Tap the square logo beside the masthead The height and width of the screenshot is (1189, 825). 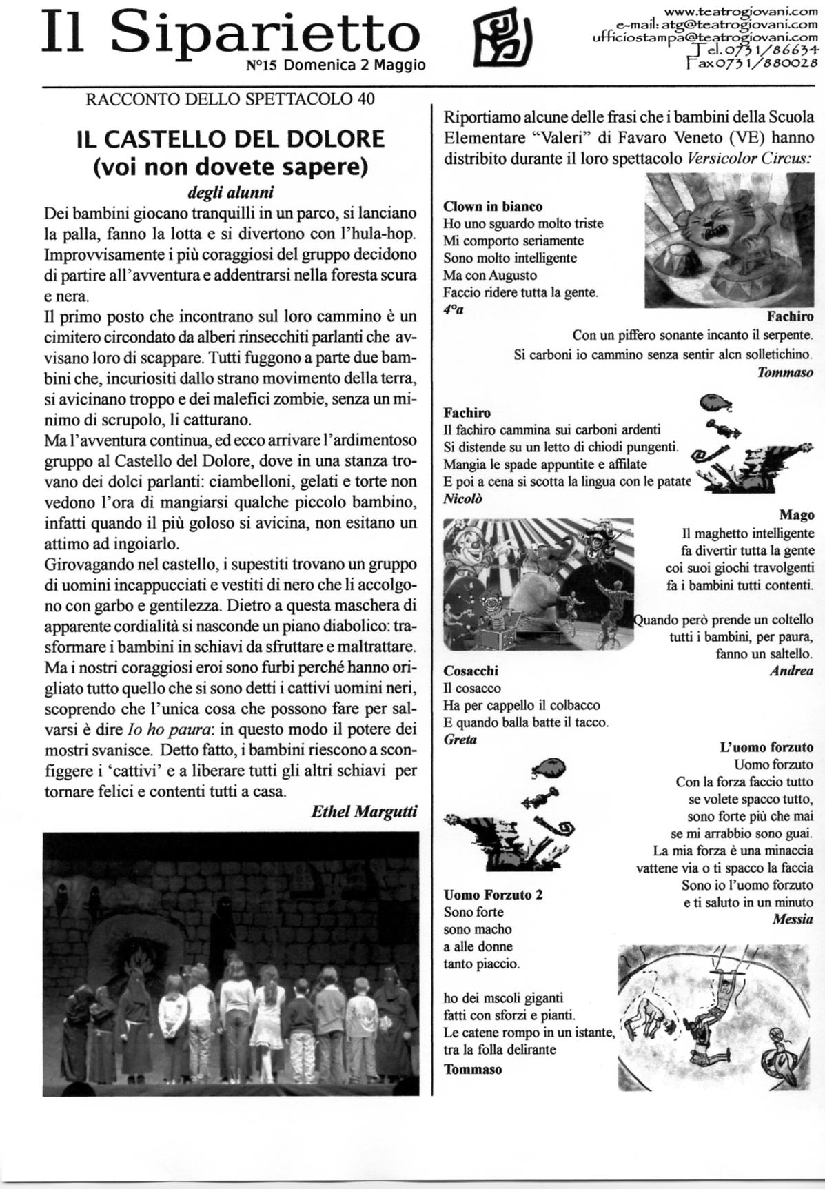click(x=502, y=39)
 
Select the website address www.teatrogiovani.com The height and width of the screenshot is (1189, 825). click(x=737, y=12)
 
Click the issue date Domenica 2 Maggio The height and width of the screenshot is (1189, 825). click(x=354, y=65)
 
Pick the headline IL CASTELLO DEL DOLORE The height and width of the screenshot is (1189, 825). click(x=230, y=139)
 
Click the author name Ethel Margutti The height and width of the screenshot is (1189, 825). click(x=365, y=811)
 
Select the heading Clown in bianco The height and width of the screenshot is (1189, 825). click(x=493, y=206)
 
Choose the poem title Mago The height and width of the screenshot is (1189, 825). click(x=797, y=515)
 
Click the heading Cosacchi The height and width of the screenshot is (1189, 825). click(x=471, y=671)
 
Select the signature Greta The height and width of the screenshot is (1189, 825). click(x=460, y=740)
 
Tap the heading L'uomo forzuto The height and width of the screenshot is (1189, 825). click(x=766, y=746)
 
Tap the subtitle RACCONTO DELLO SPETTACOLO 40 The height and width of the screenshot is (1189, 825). click(x=230, y=99)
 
